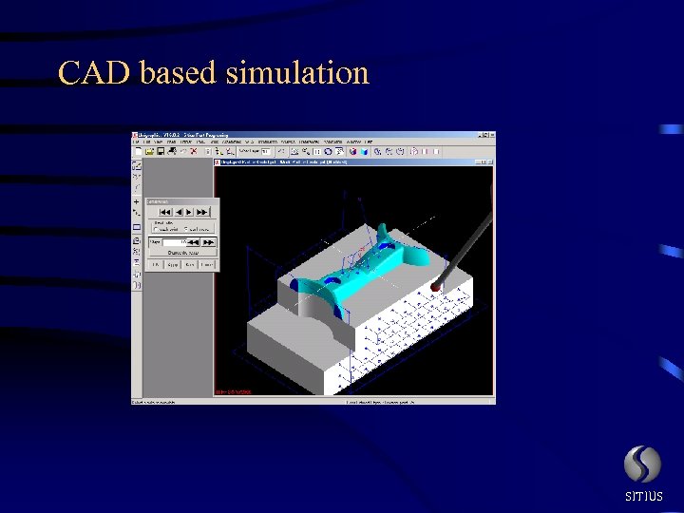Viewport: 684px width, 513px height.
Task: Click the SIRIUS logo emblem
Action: (x=642, y=465)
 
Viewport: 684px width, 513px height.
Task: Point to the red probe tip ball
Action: (x=435, y=285)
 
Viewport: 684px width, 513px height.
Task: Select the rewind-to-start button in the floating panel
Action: (x=165, y=212)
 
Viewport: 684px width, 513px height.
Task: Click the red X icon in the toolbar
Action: (x=194, y=151)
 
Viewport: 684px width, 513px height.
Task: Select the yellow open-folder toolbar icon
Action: (x=149, y=151)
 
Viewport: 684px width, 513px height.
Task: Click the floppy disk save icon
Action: (x=160, y=151)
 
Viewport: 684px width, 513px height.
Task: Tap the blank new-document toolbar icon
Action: (x=139, y=151)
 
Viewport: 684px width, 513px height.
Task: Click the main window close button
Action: (x=490, y=136)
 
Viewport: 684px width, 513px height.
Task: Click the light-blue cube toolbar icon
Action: (x=363, y=151)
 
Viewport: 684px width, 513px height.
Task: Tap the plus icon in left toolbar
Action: (x=136, y=202)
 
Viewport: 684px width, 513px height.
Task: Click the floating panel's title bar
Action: (x=180, y=201)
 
